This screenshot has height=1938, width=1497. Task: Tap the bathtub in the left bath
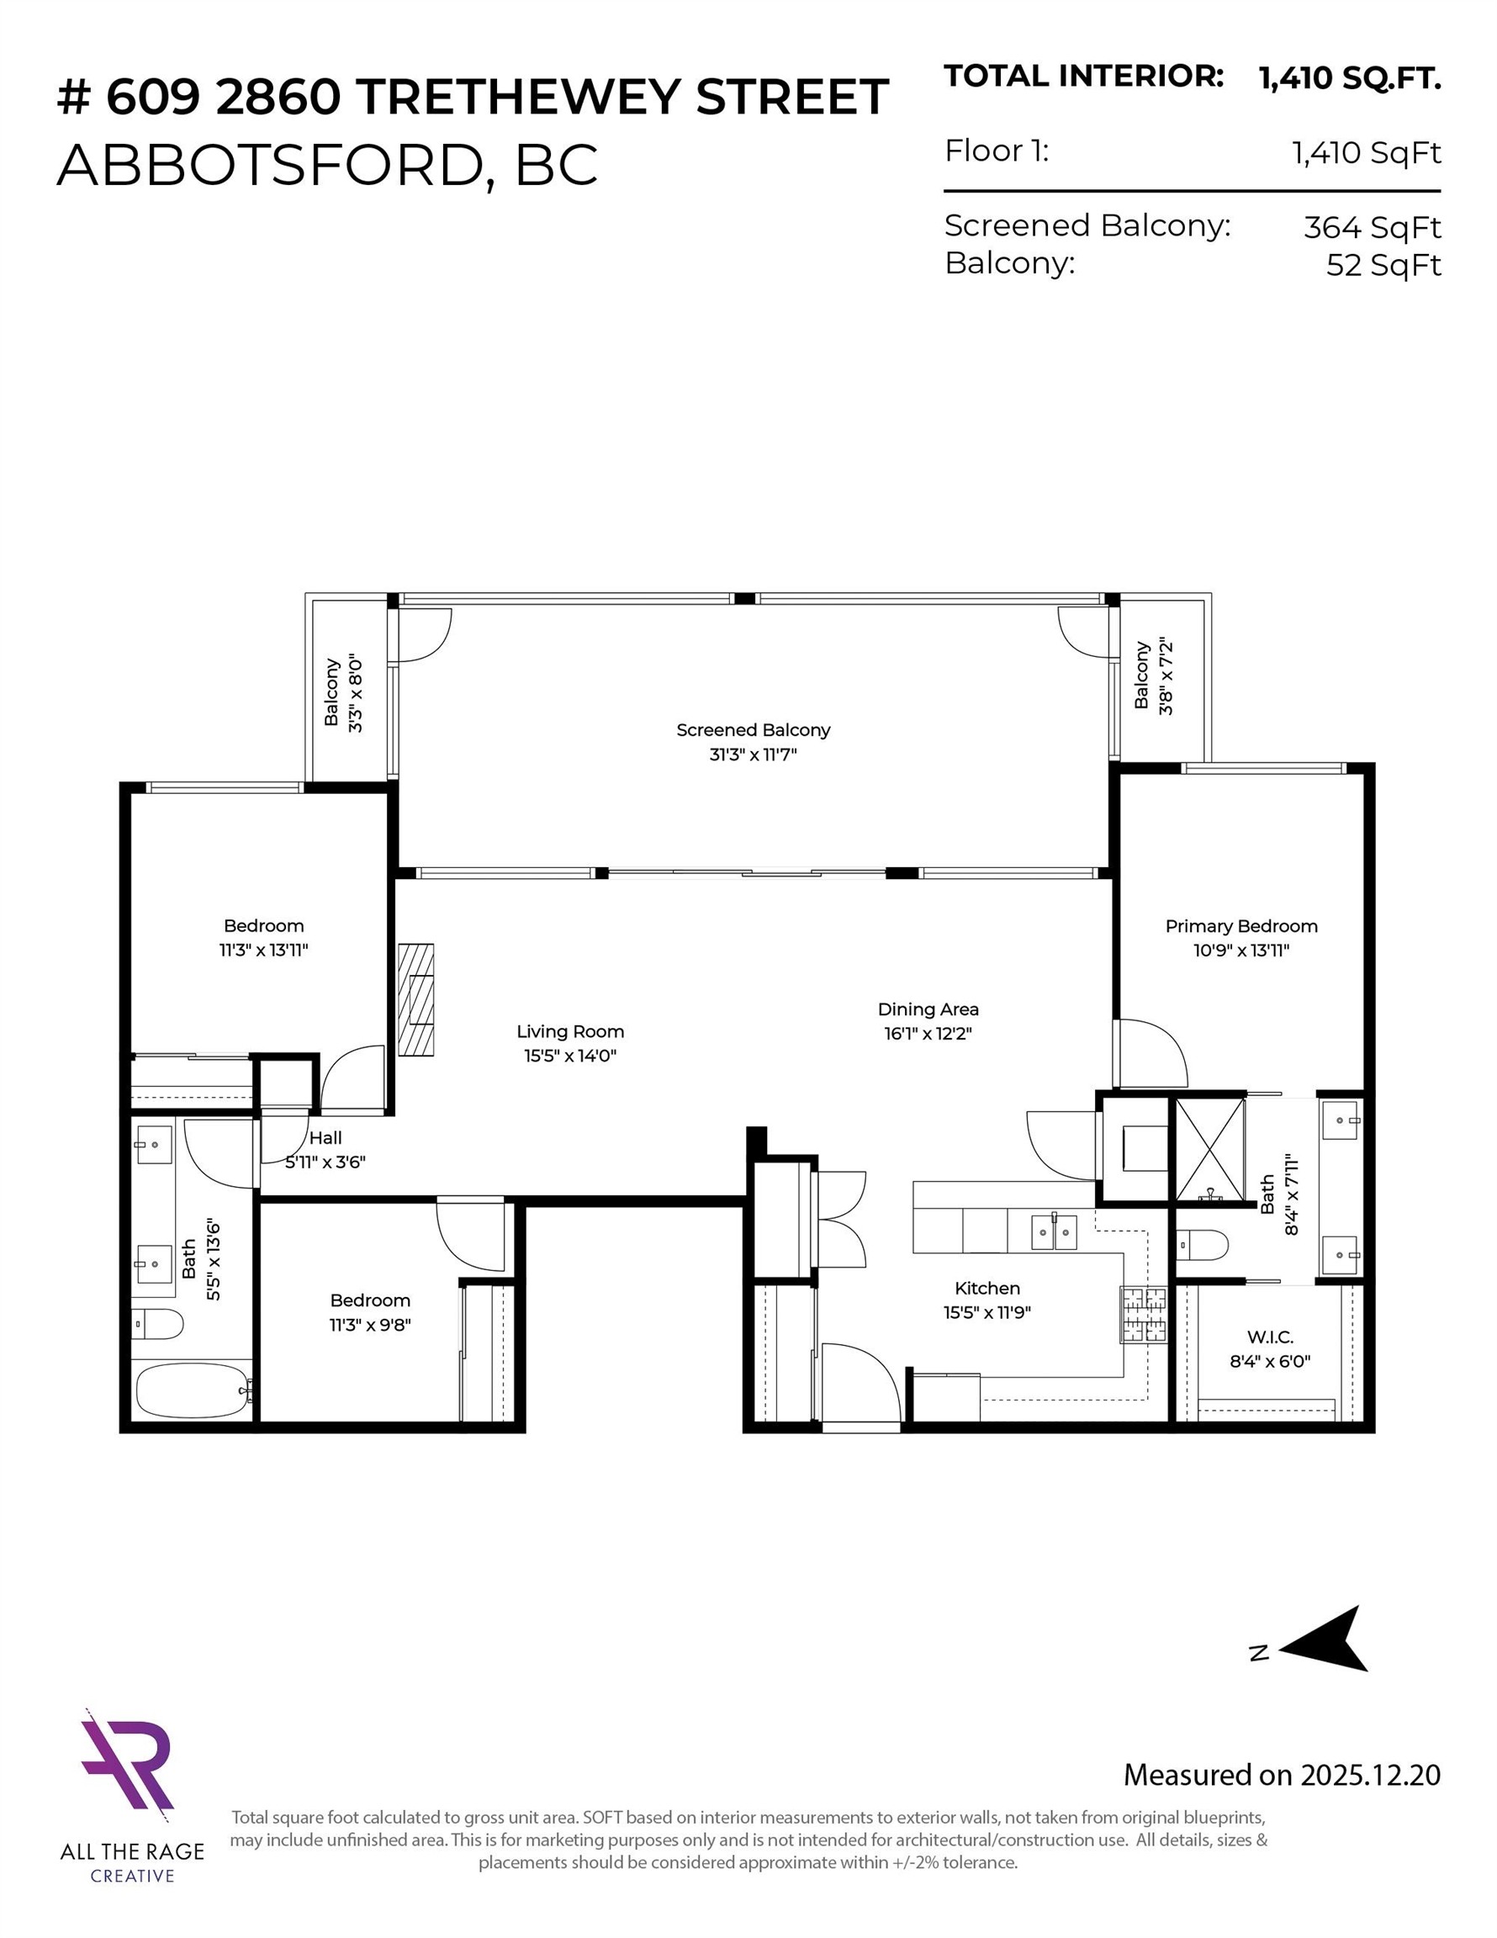(191, 1390)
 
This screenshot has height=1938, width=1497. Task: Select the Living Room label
(569, 1031)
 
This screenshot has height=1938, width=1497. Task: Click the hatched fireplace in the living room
(415, 999)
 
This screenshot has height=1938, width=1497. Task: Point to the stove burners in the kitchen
(1142, 1314)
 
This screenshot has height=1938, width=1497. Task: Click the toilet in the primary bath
(1203, 1246)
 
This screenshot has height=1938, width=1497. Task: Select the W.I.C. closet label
(1270, 1337)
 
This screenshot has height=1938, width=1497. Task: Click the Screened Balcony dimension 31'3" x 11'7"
(753, 755)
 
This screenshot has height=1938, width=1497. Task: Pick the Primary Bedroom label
(1240, 925)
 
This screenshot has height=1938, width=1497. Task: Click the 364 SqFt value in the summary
(1371, 228)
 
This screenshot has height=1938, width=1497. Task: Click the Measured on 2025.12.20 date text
(1282, 1775)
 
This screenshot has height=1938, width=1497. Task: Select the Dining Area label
(928, 1009)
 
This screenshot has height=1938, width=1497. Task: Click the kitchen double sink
(1053, 1231)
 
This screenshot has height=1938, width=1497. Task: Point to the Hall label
(325, 1137)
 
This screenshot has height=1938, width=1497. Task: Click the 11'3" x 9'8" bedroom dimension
(370, 1325)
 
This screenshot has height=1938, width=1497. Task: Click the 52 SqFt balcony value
(1383, 265)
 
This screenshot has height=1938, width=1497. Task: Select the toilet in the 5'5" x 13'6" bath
(157, 1325)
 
